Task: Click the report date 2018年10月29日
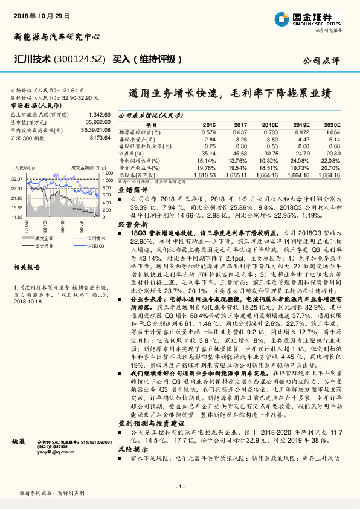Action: coord(41,14)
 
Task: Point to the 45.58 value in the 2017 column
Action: coord(239,154)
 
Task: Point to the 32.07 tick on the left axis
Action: coord(16,179)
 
